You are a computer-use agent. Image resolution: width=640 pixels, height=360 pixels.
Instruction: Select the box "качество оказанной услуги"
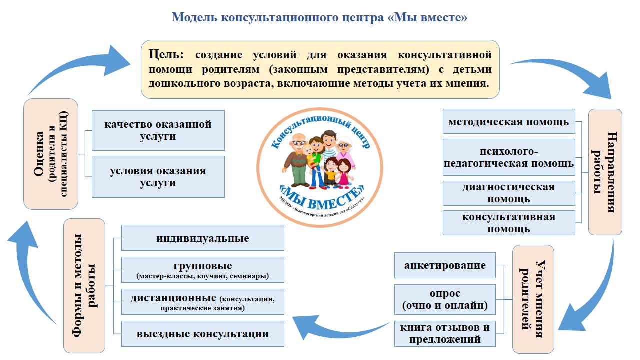coord(158,130)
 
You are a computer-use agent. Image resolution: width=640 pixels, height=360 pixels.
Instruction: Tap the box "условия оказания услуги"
coord(158,177)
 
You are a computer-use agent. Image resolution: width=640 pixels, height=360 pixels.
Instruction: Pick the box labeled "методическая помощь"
coord(509,122)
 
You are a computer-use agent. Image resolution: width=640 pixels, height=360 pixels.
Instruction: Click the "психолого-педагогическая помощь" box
coord(509,157)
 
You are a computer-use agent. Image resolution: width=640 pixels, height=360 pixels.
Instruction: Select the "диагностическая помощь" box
coord(509,193)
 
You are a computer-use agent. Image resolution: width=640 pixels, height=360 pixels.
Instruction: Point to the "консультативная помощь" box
coord(509,223)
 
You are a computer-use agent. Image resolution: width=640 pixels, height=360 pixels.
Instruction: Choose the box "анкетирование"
coord(445,265)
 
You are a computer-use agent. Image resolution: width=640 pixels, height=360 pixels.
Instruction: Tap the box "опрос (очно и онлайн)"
coord(445,299)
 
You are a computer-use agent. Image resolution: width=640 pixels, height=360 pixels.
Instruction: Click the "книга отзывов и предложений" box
coord(445,333)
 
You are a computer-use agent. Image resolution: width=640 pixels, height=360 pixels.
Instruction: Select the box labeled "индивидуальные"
coord(202,238)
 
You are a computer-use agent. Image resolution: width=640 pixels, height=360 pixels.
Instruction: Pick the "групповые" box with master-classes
coord(202,270)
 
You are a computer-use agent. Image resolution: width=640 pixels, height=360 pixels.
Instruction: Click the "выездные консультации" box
coord(202,334)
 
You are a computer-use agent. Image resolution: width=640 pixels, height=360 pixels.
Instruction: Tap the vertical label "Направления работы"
coord(605,172)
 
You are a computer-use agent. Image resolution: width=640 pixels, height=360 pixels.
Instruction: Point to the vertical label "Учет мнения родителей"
coord(533,298)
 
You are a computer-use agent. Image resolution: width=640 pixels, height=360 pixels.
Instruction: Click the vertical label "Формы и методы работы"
coord(84,285)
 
